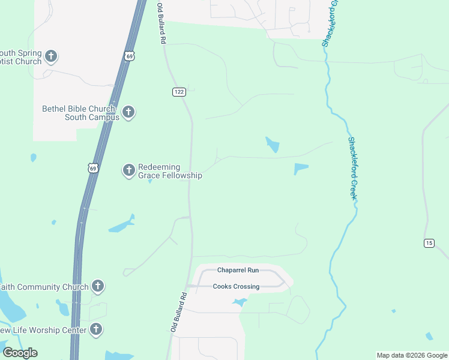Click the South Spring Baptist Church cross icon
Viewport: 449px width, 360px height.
pos(51,56)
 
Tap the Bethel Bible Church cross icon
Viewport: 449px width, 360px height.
pos(128,112)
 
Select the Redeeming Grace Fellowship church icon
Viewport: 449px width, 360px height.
pos(128,170)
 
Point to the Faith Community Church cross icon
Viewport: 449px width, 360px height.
pos(98,286)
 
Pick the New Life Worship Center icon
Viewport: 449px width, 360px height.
pos(95,329)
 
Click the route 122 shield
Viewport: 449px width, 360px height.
pos(179,92)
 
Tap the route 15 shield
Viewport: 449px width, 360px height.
pos(429,242)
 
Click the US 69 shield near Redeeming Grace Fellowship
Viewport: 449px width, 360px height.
pos(92,169)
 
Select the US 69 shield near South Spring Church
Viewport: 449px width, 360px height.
pos(129,56)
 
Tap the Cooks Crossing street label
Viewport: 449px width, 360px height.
pos(237,286)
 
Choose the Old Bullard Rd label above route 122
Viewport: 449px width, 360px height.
pos(161,24)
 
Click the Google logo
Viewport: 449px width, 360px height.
pos(20,353)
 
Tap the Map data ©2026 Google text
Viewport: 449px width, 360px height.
pos(412,355)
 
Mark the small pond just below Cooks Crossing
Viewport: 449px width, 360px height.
pos(240,302)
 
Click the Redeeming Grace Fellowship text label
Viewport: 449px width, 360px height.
pos(170,171)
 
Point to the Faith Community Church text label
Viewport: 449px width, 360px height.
pos(45,287)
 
